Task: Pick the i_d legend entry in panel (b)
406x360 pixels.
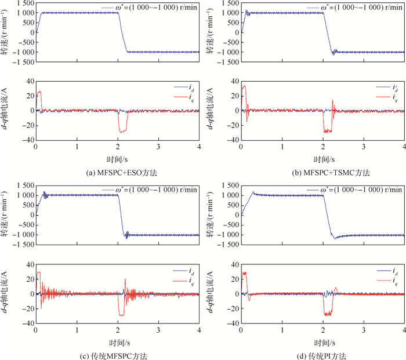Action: pos(396,87)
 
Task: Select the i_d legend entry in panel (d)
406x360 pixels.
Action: pos(396,270)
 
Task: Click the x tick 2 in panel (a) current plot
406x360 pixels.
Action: pos(118,147)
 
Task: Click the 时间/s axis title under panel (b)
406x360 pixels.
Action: pos(321,159)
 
